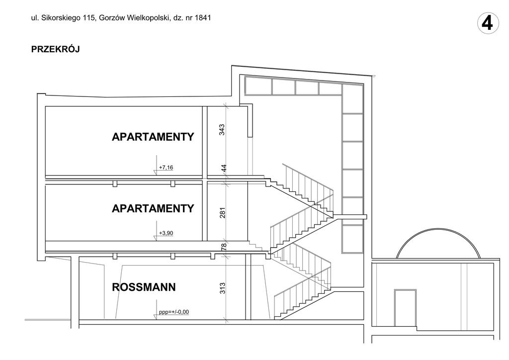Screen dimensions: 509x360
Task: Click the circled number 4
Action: [x=488, y=23]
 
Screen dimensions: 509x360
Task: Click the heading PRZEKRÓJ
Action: [x=56, y=49]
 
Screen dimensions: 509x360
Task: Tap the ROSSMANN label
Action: [x=144, y=287]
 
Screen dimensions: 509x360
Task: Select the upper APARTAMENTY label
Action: [x=153, y=137]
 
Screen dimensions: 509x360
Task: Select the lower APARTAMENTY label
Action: [x=153, y=208]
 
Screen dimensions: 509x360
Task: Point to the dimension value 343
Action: [x=222, y=130]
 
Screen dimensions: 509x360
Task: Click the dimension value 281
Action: [x=222, y=213]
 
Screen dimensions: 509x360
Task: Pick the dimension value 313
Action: [x=222, y=288]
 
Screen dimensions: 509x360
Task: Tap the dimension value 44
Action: [x=224, y=169]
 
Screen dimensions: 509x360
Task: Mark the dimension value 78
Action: [x=224, y=247]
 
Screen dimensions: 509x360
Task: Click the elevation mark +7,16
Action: [x=166, y=168]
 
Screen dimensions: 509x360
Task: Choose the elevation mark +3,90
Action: [x=166, y=233]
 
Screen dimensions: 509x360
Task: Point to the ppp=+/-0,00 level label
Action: [x=173, y=312]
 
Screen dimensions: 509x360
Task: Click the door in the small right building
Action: [x=405, y=308]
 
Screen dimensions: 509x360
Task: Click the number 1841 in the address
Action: [x=203, y=18]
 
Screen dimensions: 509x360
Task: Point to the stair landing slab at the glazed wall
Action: [x=350, y=216]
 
